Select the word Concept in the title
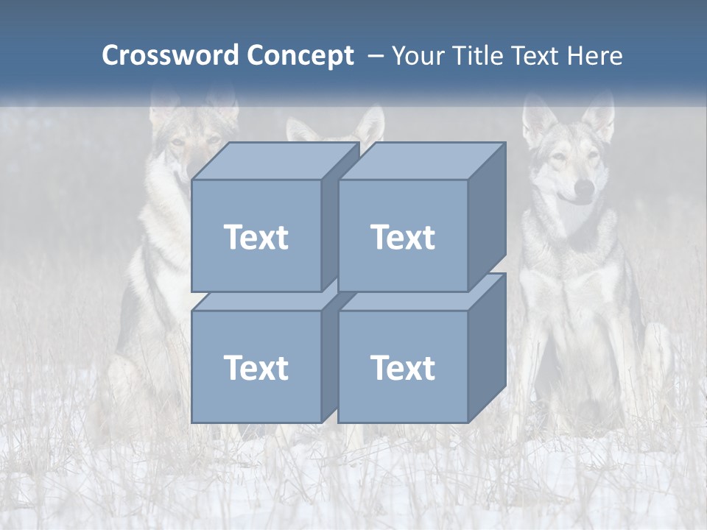[x=300, y=56]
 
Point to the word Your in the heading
[x=418, y=56]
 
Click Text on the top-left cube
[x=256, y=237]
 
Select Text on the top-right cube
[x=402, y=237]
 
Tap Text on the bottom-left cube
[x=256, y=367]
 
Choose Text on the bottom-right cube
[x=402, y=367]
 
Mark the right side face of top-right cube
[x=487, y=217]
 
